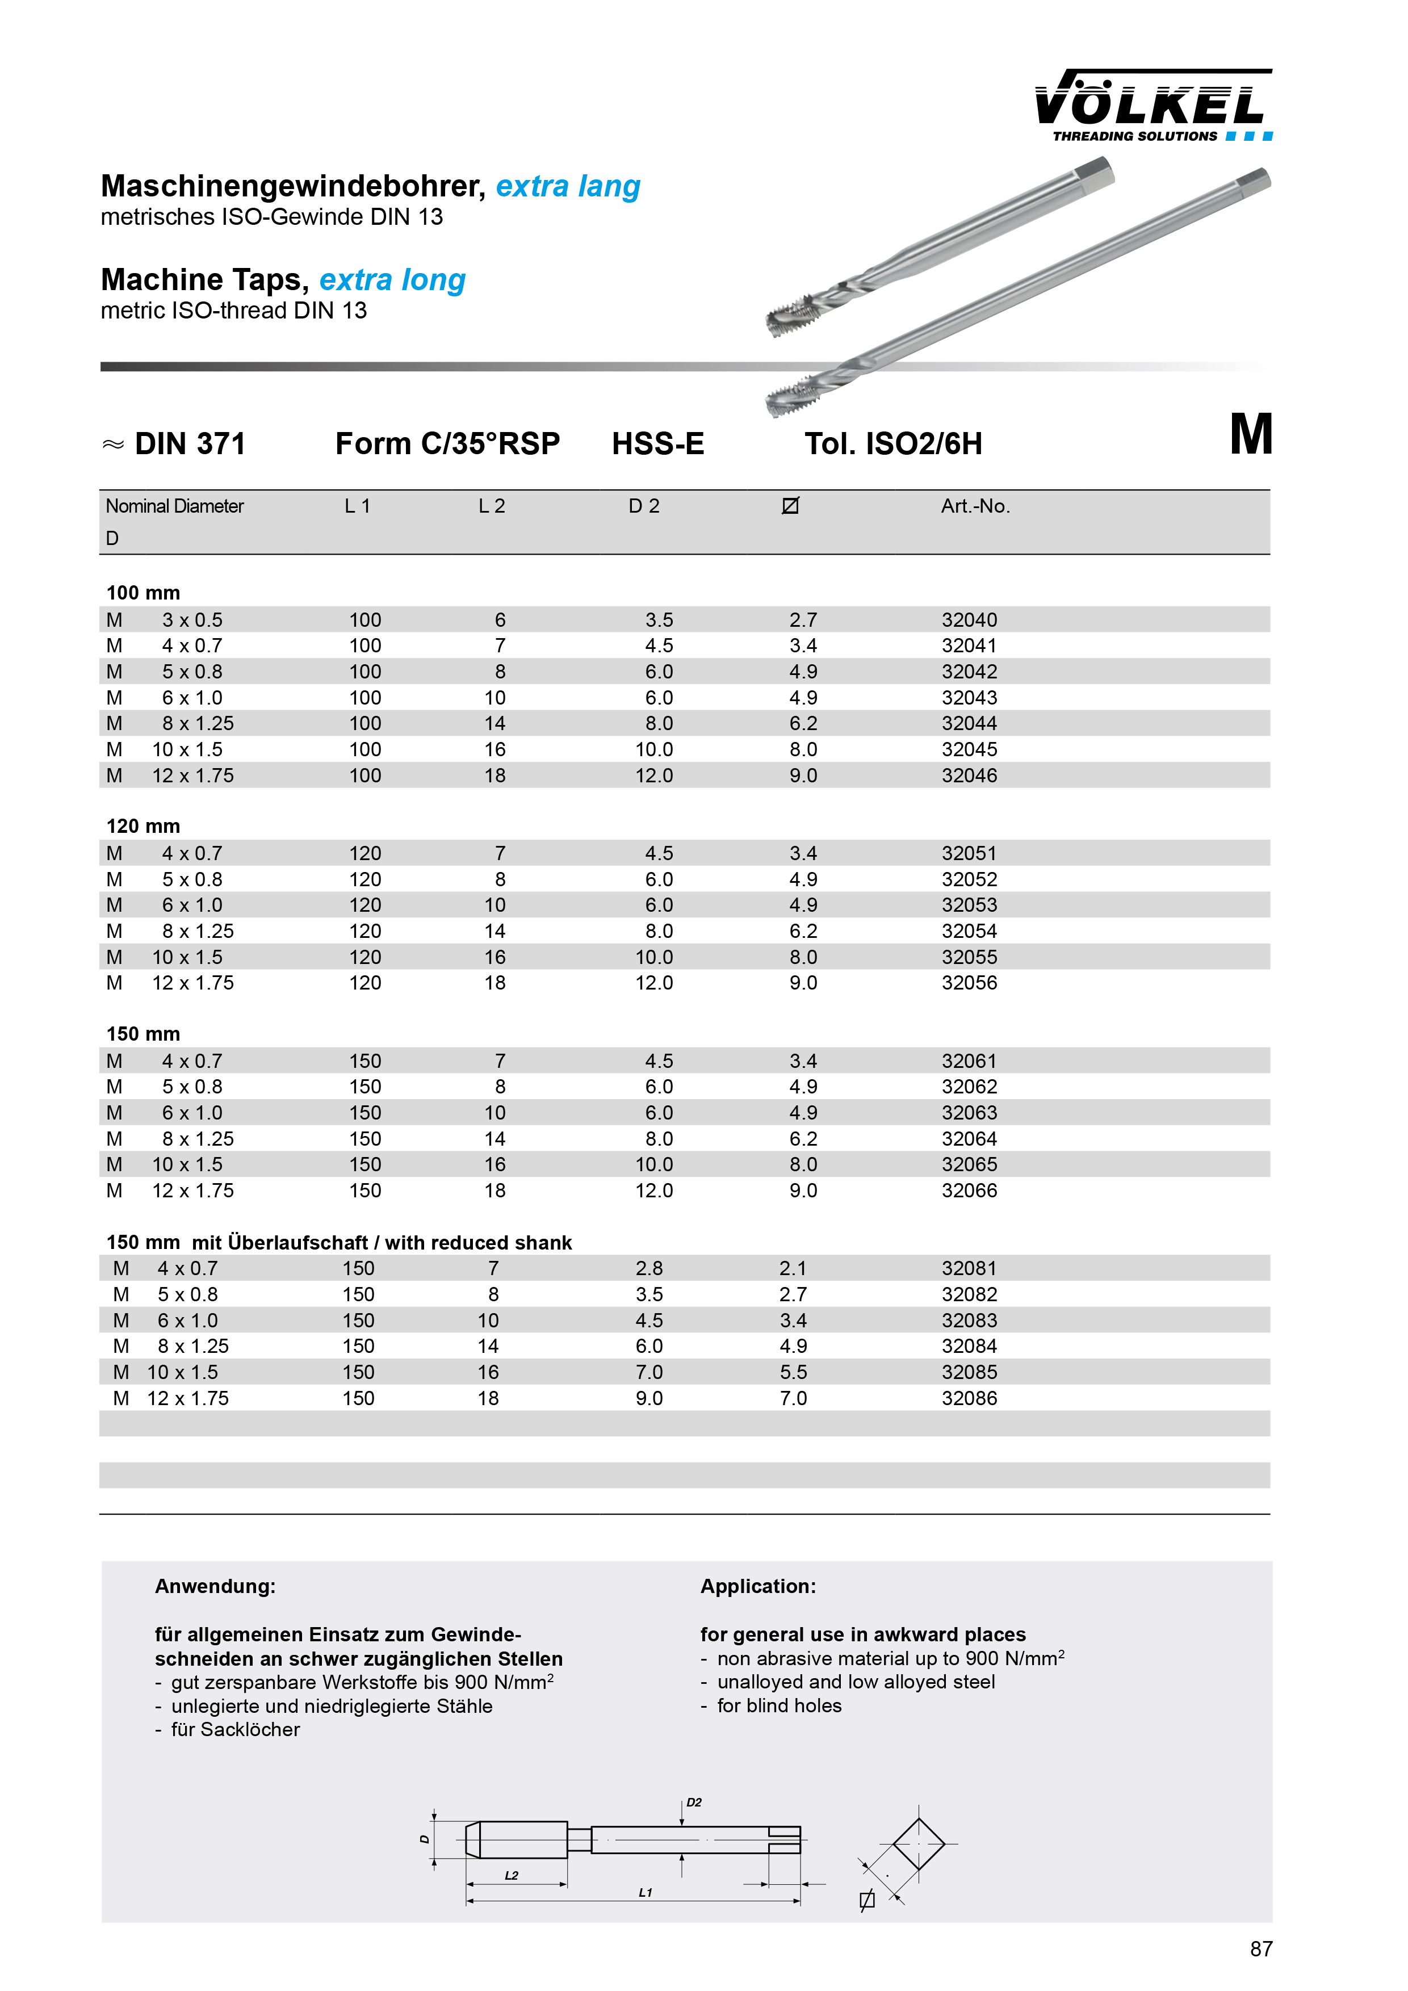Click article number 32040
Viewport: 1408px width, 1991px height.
coord(969,620)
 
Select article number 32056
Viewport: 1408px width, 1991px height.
coord(969,983)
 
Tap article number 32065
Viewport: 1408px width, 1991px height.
coord(969,1164)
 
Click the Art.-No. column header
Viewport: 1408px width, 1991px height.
coord(975,506)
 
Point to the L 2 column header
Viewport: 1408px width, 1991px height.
coord(492,506)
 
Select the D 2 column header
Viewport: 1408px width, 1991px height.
coord(644,506)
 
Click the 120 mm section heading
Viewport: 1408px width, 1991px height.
coord(143,827)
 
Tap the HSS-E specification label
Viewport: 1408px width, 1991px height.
coord(658,444)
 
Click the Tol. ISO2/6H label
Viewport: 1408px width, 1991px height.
coord(893,444)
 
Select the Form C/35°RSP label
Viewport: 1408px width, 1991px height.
coord(447,444)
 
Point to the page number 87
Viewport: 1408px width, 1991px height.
coord(1260,1950)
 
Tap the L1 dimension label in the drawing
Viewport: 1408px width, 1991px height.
coord(645,1893)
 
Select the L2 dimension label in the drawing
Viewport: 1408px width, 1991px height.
coord(512,1876)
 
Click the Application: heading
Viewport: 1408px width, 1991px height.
coord(758,1586)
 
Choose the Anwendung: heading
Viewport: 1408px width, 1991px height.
coord(215,1586)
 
